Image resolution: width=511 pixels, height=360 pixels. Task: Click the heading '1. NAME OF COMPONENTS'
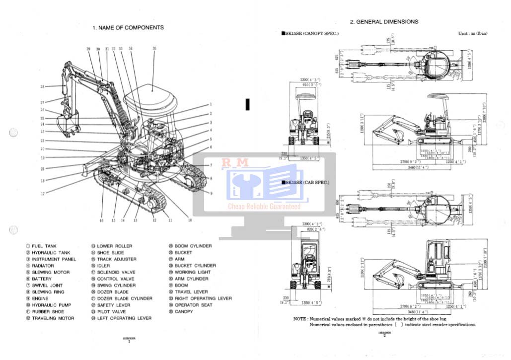click(128, 28)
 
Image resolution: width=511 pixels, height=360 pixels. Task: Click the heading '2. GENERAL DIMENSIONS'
click(384, 22)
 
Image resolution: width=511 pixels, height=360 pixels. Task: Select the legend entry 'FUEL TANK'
click(44, 246)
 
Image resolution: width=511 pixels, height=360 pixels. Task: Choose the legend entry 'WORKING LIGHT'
click(192, 272)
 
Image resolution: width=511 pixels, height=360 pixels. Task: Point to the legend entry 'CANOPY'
click(184, 311)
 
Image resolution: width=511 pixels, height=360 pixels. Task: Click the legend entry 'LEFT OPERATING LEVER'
click(124, 318)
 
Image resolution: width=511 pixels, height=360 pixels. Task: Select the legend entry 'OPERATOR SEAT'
click(193, 305)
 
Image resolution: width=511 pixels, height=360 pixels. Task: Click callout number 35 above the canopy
click(154, 48)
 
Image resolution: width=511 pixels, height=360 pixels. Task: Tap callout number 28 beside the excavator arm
click(42, 86)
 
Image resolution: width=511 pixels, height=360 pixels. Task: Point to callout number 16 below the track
click(101, 220)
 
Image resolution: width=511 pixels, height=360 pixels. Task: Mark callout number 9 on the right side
click(211, 193)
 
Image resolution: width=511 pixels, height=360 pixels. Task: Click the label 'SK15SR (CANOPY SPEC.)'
click(311, 33)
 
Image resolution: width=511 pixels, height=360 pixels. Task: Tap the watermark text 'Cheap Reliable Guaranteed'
click(264, 207)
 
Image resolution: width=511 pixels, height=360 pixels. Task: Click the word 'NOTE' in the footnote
click(299, 319)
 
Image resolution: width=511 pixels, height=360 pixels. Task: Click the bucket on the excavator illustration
click(69, 124)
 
